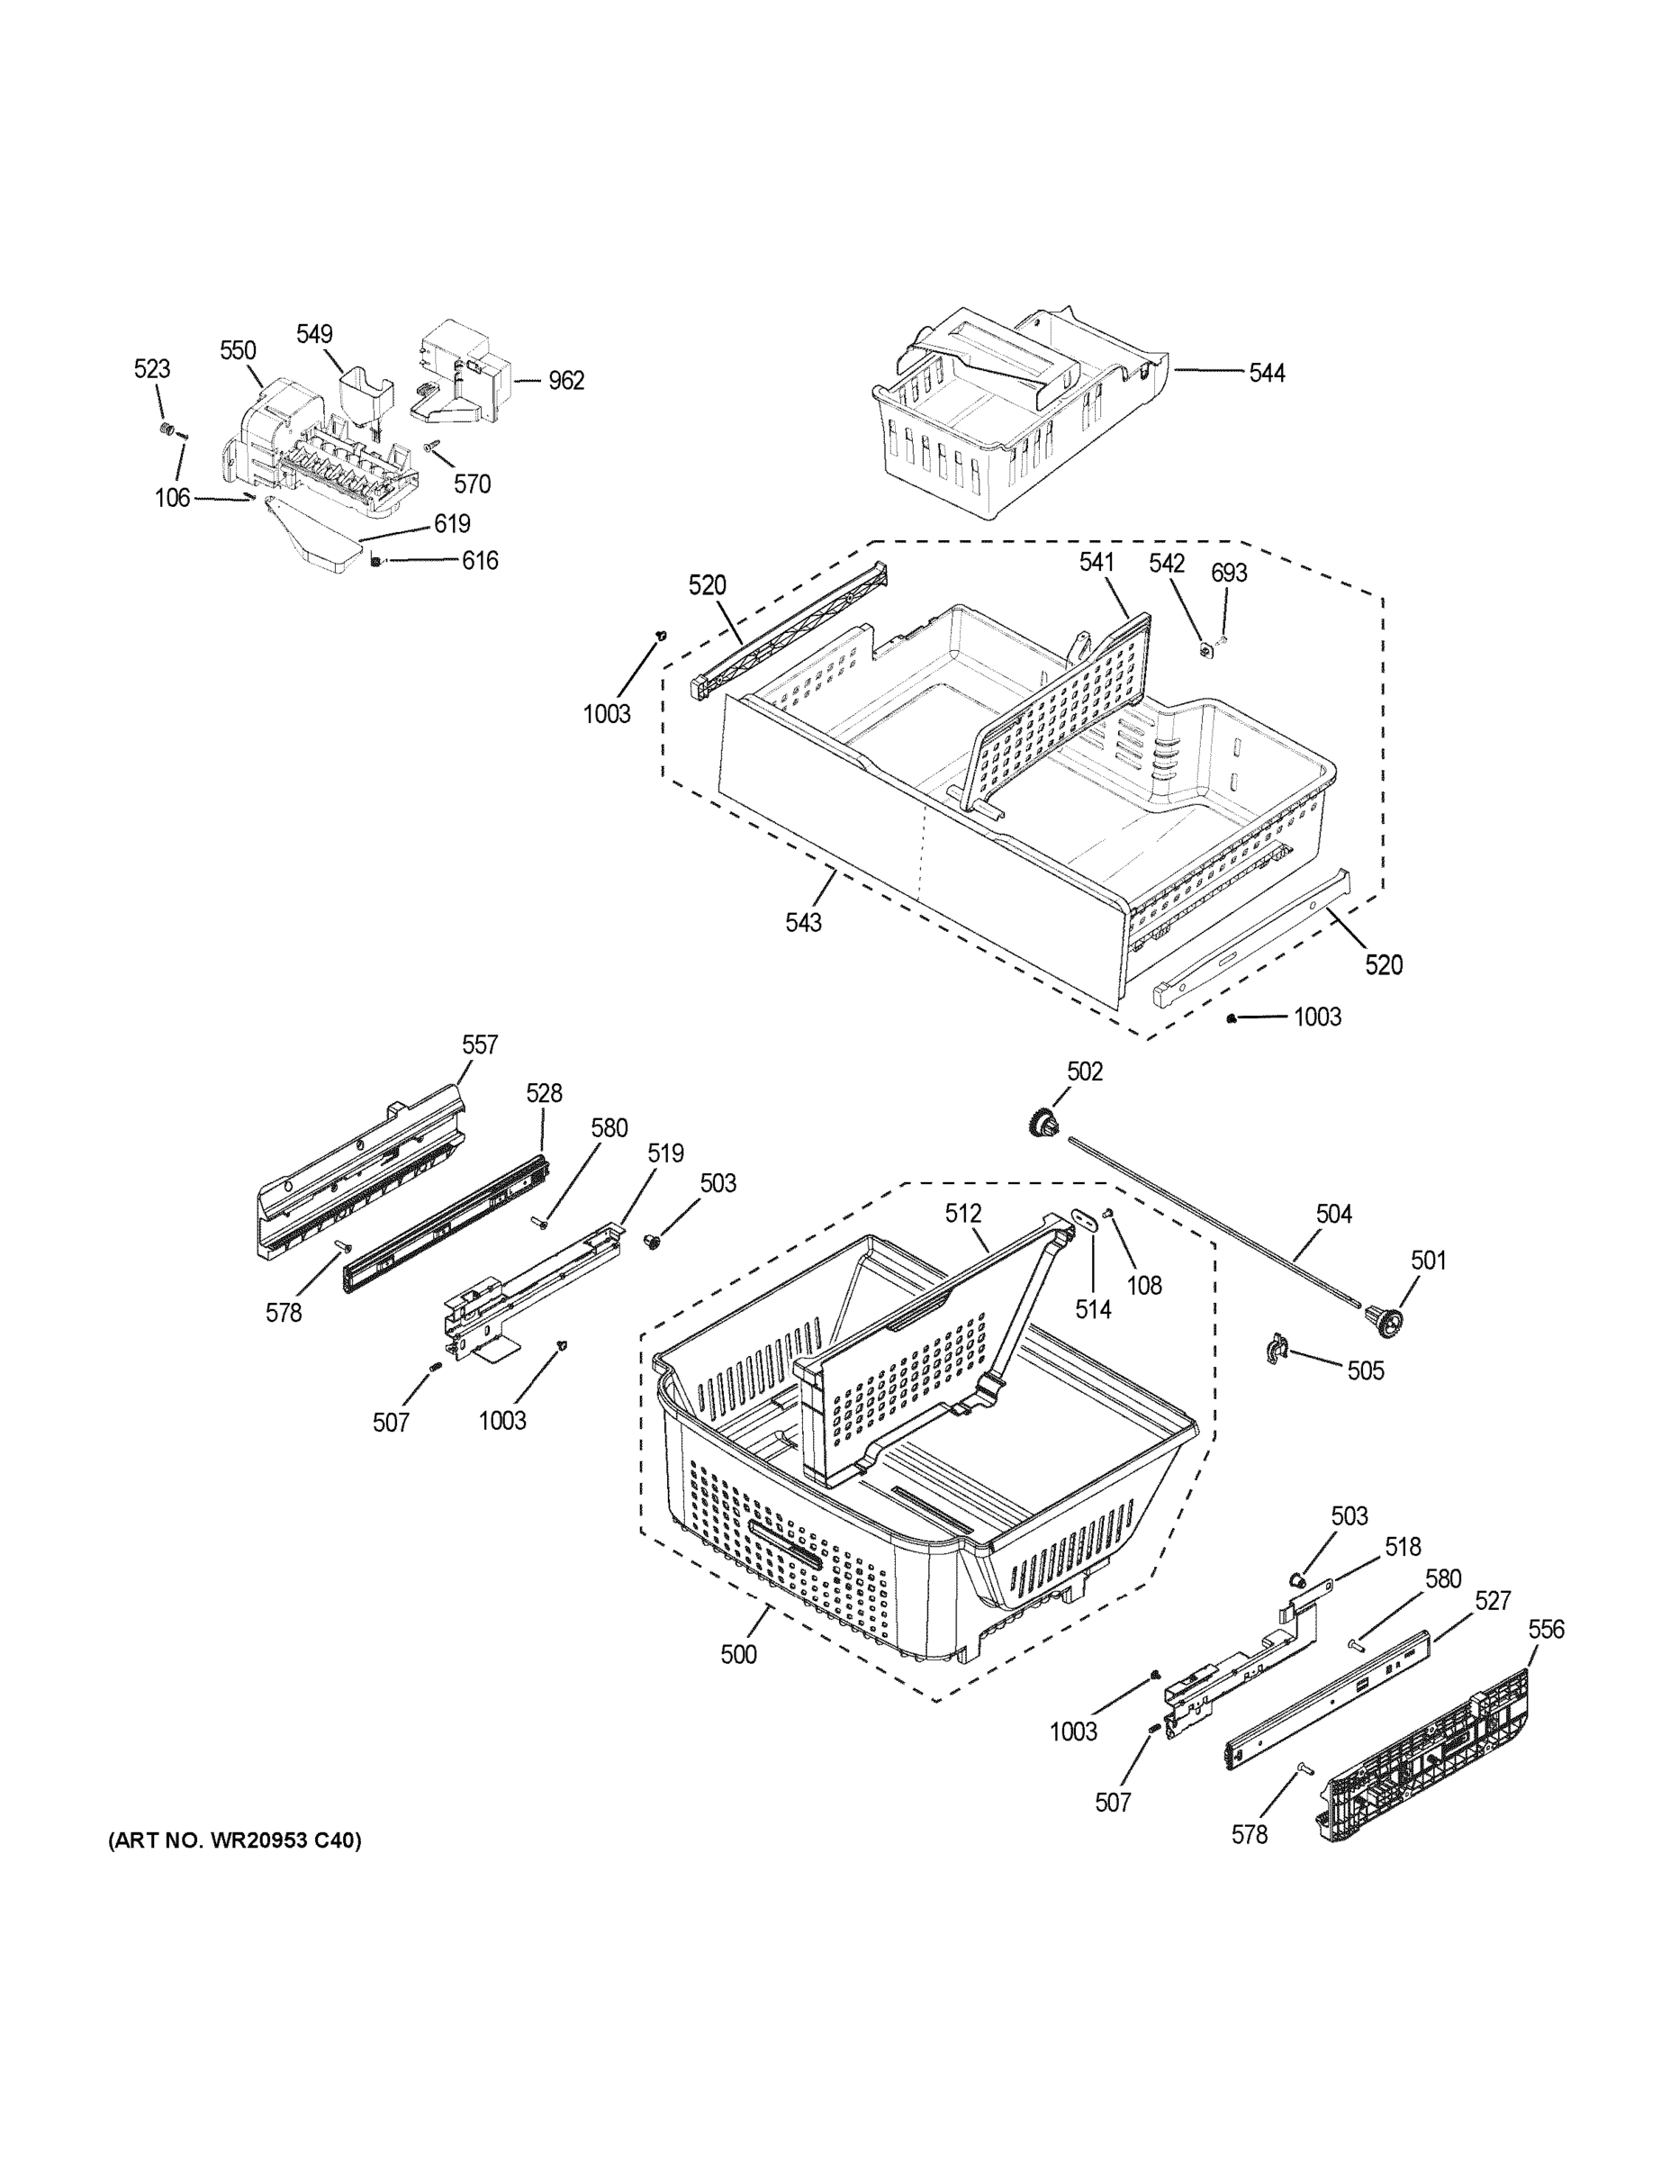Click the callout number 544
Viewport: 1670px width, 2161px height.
click(x=1267, y=373)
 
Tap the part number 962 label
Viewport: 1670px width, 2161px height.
click(x=567, y=381)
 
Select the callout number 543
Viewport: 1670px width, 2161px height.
click(x=803, y=922)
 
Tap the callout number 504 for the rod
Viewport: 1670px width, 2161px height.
click(x=1332, y=1213)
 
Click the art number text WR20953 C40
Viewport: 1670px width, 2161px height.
click(x=234, y=1840)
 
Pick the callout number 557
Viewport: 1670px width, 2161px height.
click(x=480, y=1044)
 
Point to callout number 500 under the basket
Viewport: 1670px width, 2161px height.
click(x=738, y=1654)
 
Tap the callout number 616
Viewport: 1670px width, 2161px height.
click(x=480, y=561)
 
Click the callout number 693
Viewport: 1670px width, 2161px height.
click(x=1229, y=573)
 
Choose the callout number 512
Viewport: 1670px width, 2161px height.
click(x=962, y=1213)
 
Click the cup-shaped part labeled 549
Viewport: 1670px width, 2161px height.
click(x=364, y=396)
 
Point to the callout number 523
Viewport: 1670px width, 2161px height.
click(x=151, y=369)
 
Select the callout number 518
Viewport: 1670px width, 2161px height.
click(x=1402, y=1547)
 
